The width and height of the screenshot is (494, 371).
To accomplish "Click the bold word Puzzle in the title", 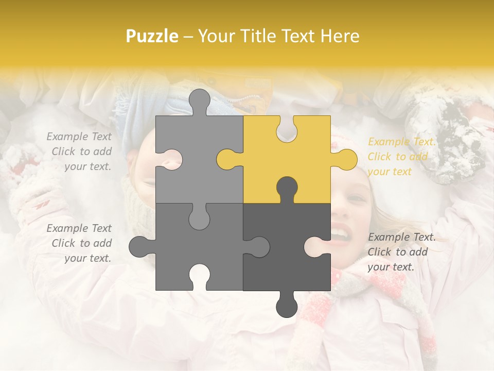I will pos(152,36).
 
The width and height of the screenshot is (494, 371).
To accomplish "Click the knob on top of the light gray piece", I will pos(200,100).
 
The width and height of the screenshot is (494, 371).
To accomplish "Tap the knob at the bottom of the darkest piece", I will pos(287,305).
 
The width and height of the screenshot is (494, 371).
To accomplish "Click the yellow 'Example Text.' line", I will pos(401,142).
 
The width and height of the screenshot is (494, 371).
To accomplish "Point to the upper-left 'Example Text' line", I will pos(79,137).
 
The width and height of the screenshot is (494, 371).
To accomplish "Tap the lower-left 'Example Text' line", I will pos(79,228).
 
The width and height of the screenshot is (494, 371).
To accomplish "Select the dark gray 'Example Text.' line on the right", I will pos(401,237).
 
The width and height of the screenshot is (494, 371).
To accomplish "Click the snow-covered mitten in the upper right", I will pos(448,139).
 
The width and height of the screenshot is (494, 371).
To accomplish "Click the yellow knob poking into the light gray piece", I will pos(226,159).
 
